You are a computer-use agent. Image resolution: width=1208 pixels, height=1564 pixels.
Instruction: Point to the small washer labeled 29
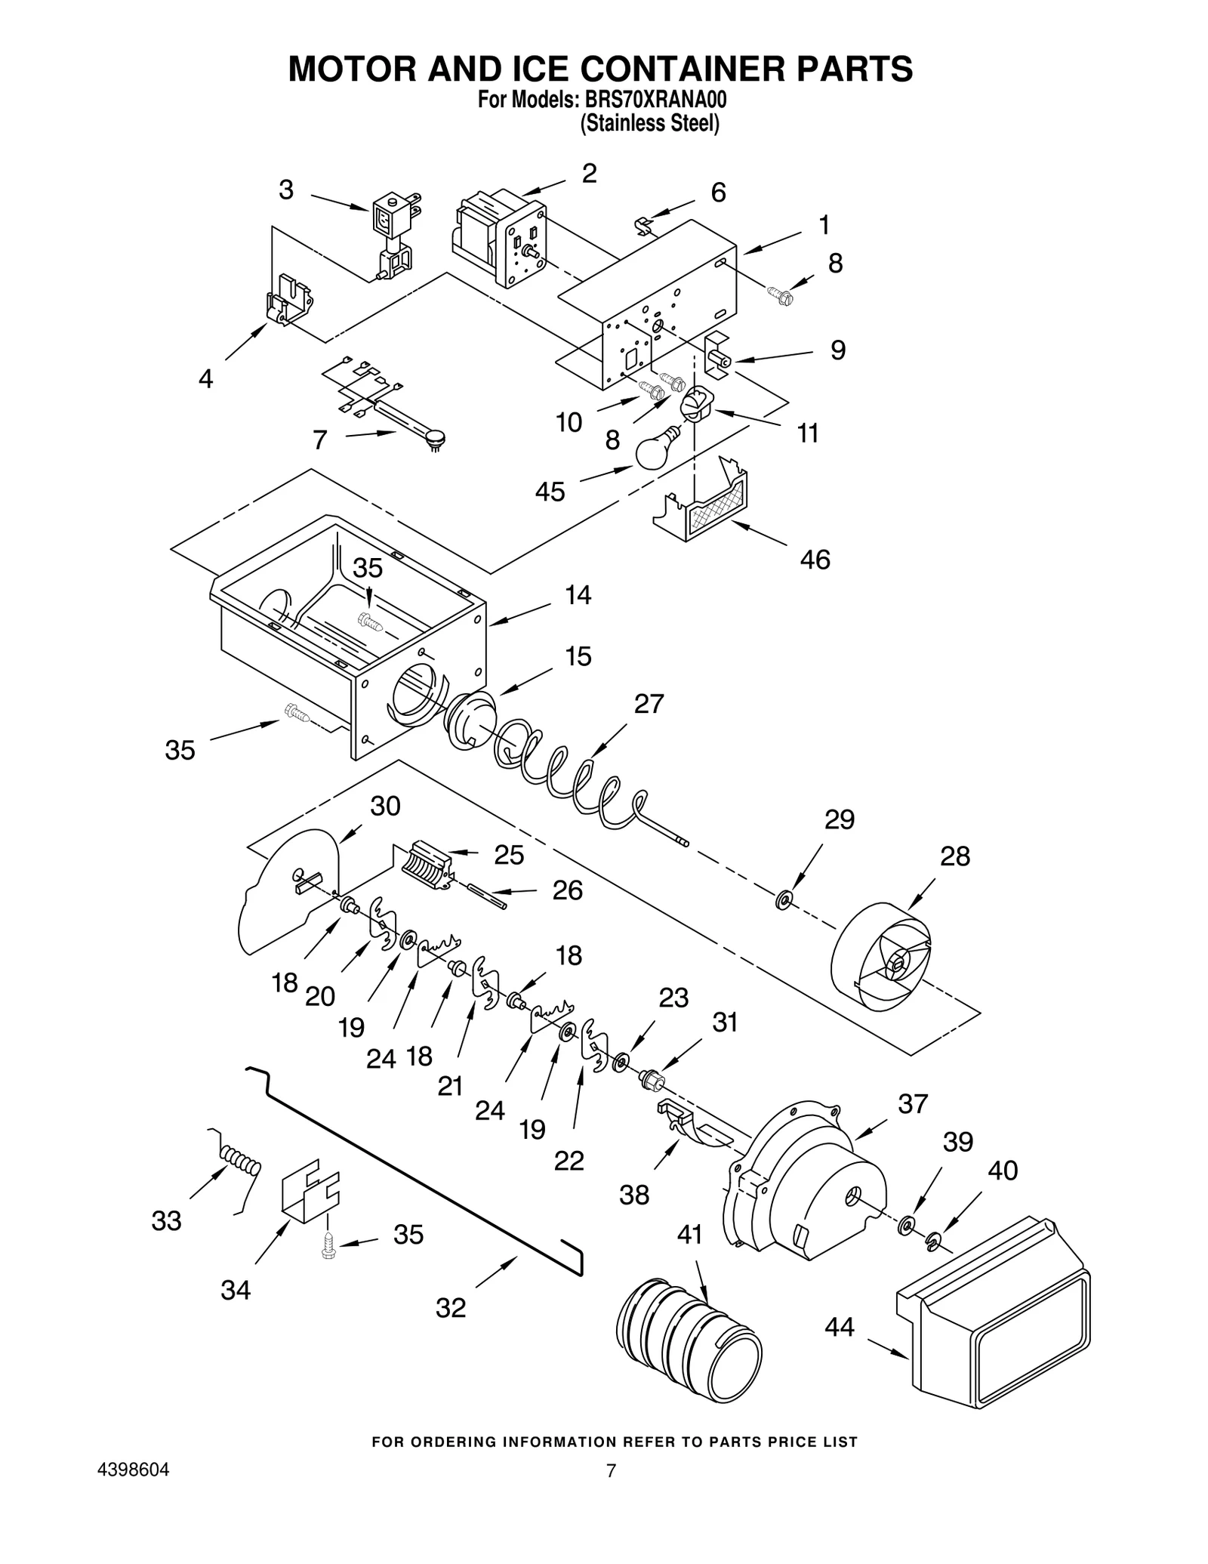tap(784, 899)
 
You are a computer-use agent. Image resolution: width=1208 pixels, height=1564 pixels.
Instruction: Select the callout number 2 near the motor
tap(589, 174)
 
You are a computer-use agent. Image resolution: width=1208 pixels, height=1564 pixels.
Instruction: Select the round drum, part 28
tap(883, 955)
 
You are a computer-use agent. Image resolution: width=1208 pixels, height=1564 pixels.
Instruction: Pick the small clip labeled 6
tap(643, 224)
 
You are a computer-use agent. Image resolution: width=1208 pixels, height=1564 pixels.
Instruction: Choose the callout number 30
tap(385, 807)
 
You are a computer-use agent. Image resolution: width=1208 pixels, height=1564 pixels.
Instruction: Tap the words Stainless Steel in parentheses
tap(649, 123)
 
